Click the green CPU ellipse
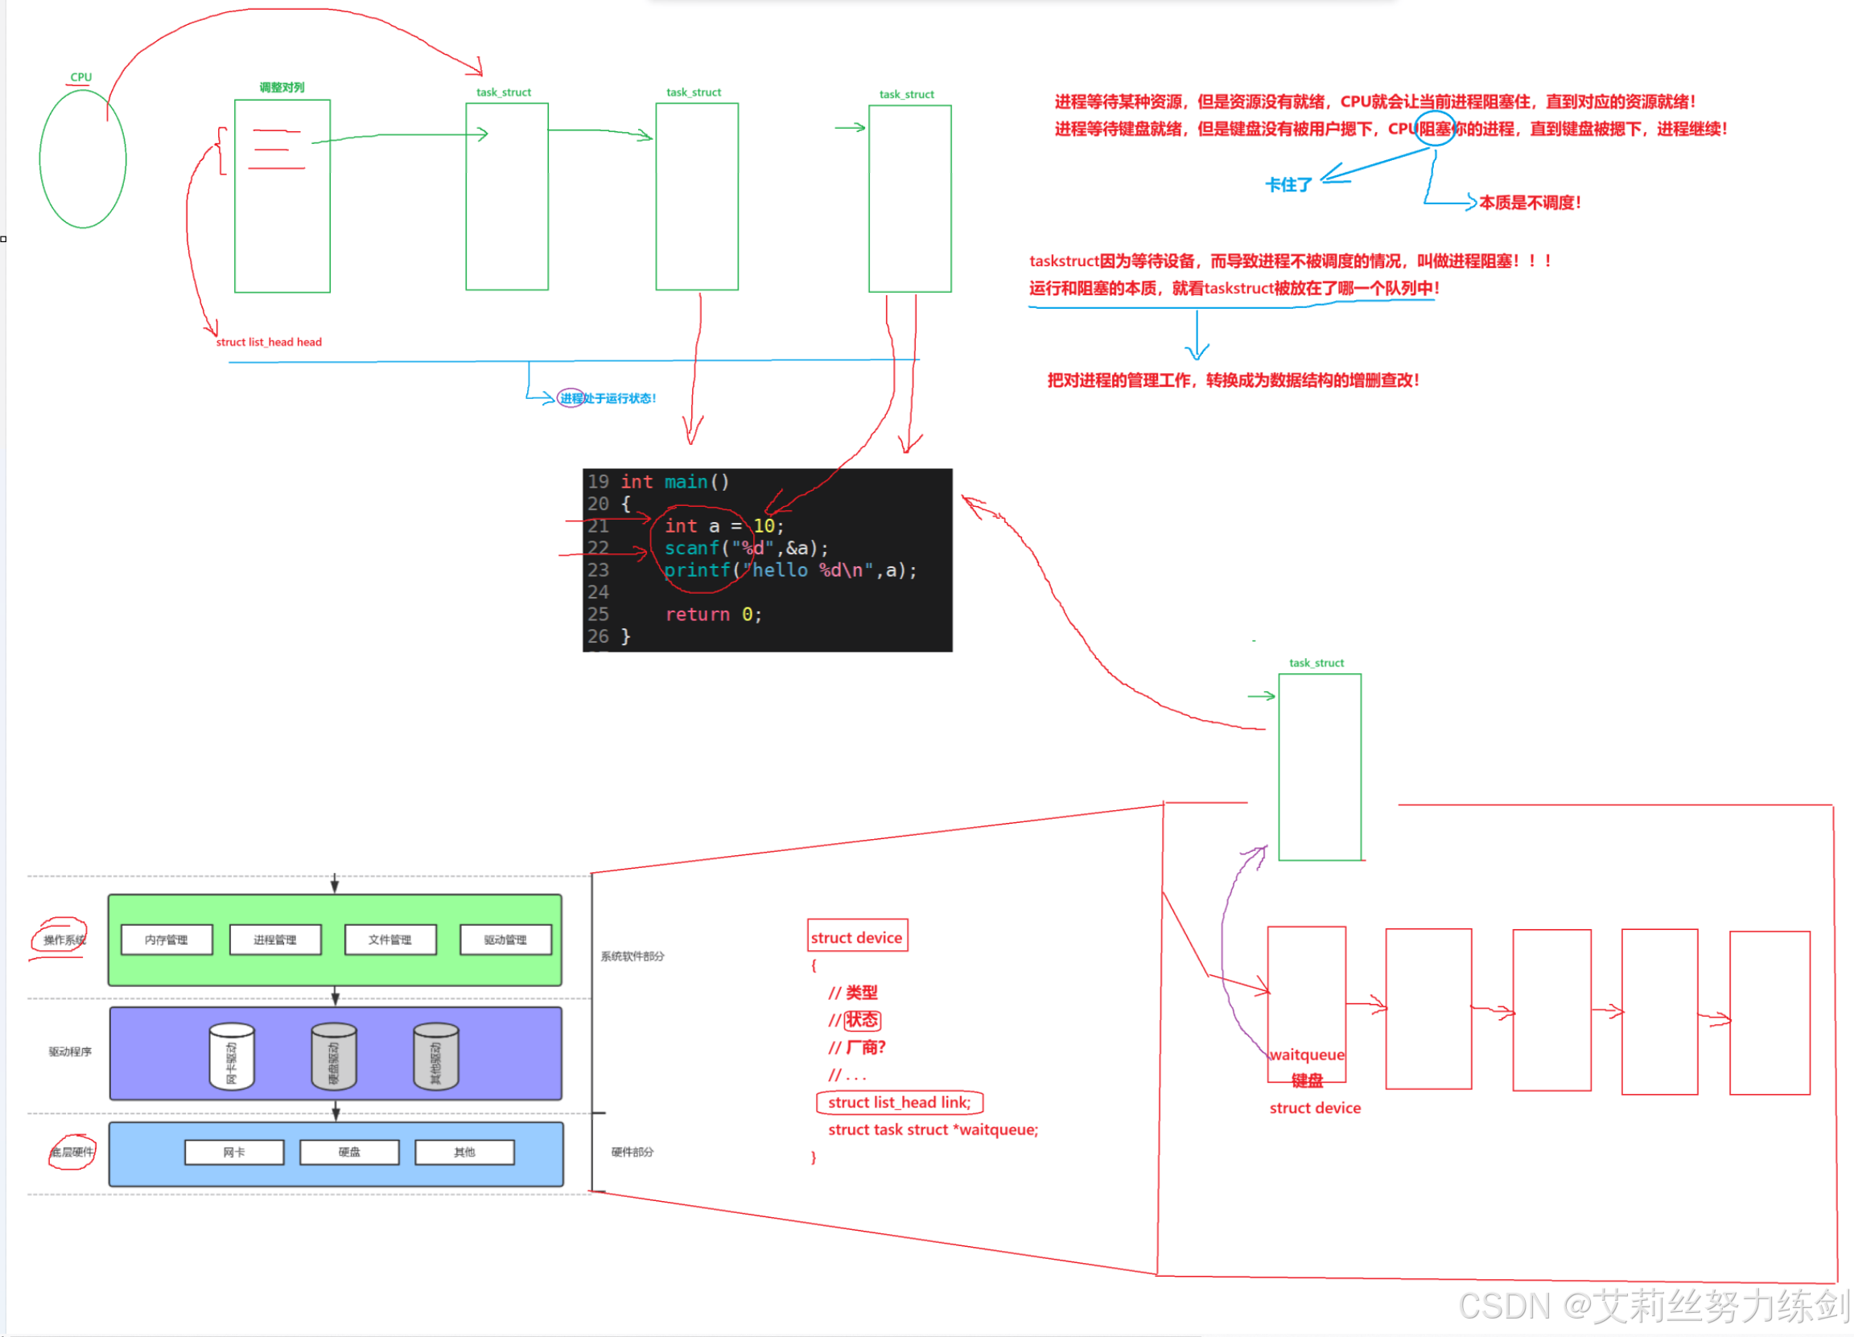(83, 158)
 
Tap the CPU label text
(81, 76)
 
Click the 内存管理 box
(166, 940)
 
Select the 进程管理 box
(274, 940)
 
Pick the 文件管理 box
(390, 940)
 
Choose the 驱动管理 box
(505, 940)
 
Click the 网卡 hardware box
(234, 1151)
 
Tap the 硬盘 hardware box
(349, 1151)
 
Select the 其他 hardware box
(464, 1151)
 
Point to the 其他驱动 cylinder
(435, 1057)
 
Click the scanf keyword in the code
(691, 548)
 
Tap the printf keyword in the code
(697, 570)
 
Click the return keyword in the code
(697, 614)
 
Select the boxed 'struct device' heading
(857, 936)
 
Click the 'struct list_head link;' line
(899, 1101)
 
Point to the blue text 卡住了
(1287, 185)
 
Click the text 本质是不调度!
(1530, 202)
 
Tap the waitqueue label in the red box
(1306, 1055)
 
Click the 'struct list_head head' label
(269, 342)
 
